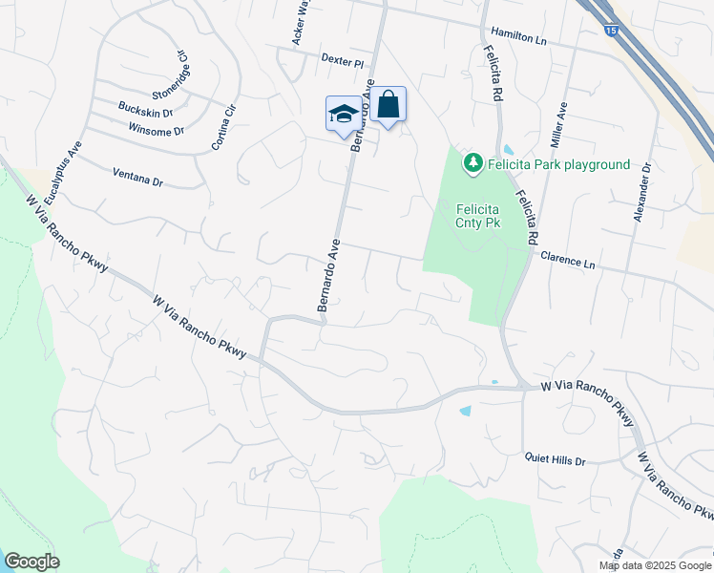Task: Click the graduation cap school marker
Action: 344,115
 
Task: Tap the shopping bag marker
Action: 388,105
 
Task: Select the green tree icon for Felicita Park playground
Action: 472,164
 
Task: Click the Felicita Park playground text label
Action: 558,164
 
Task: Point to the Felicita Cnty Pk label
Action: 478,216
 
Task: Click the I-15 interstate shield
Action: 610,31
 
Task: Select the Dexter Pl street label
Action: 343,61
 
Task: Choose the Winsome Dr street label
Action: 156,130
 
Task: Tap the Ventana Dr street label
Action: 138,177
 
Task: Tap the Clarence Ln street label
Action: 567,259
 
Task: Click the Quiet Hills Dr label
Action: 555,459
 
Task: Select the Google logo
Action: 31,562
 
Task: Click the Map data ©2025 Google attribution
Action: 654,565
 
